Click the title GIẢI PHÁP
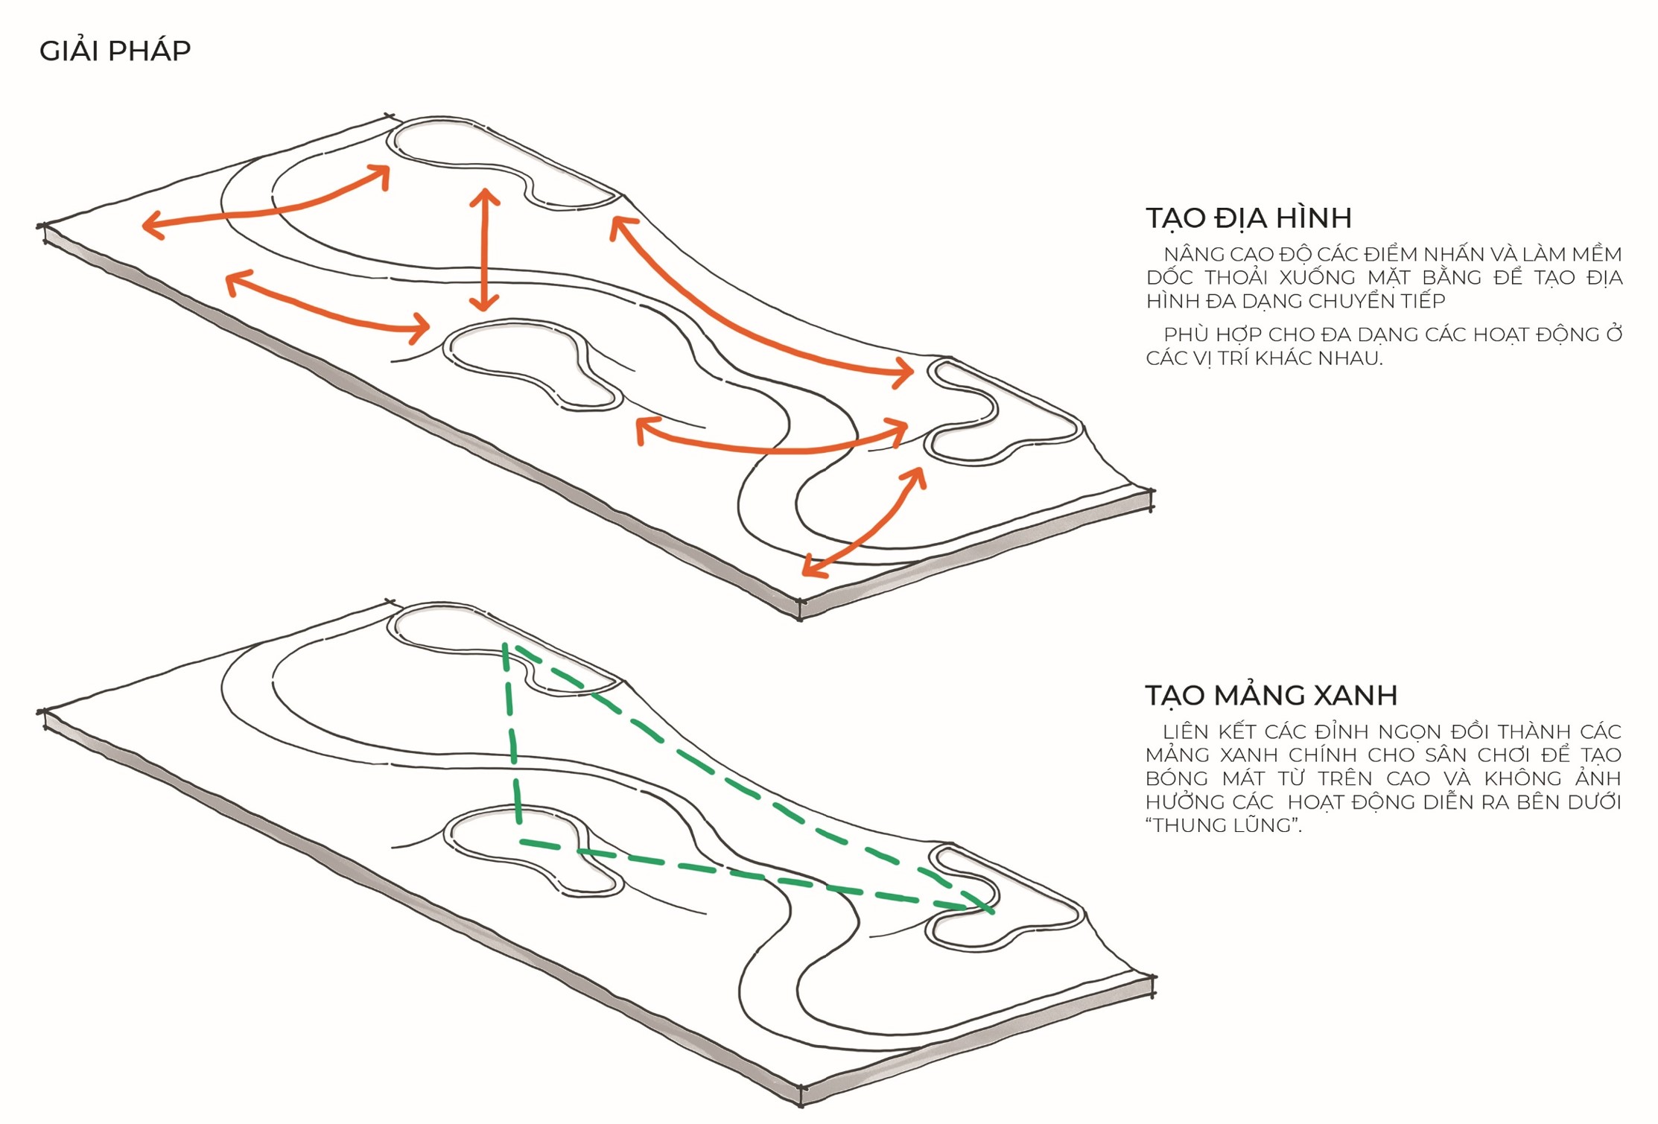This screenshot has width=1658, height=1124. pyautogui.click(x=115, y=51)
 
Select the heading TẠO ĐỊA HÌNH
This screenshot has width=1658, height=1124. pyautogui.click(x=1248, y=218)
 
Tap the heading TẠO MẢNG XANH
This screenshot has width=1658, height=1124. pyautogui.click(x=1271, y=695)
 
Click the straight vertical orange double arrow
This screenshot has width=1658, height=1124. pyautogui.click(x=485, y=250)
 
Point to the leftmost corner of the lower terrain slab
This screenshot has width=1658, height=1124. pyautogui.click(x=42, y=713)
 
